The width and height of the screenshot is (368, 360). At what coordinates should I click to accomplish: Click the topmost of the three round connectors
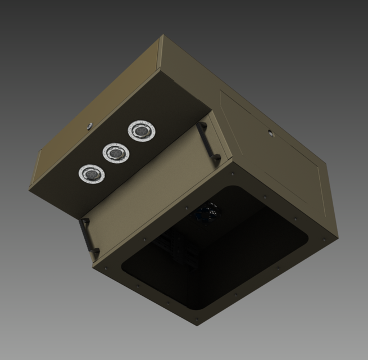pyautogui.click(x=140, y=130)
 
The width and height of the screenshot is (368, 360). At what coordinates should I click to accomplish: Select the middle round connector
pyautogui.click(x=115, y=152)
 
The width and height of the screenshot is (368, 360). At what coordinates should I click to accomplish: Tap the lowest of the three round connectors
pyautogui.click(x=90, y=174)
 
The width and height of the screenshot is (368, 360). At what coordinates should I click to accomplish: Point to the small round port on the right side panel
pyautogui.click(x=271, y=133)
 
